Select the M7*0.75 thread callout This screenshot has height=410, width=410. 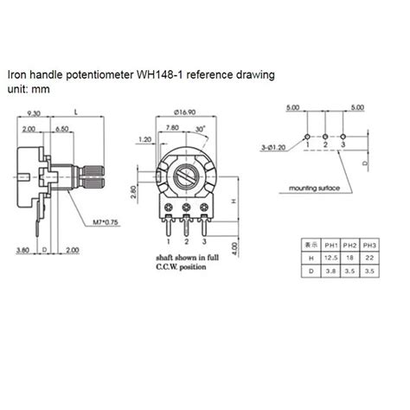pos(106,223)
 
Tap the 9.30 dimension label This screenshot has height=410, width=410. pos(35,113)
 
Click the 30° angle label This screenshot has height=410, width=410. pos(201,129)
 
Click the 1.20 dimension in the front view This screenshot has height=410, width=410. pos(144,139)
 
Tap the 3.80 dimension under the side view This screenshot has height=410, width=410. pos(23,250)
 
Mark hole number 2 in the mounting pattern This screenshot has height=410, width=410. pos(325,137)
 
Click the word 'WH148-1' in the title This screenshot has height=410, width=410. pos(160,75)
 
